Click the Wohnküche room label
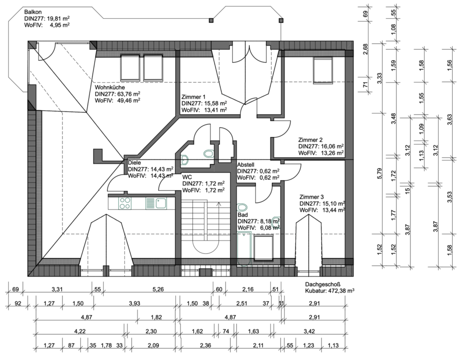[110, 88]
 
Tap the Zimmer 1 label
[193, 97]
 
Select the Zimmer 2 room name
[310, 140]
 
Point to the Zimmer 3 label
[311, 197]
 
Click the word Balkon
[33, 12]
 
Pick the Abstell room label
[246, 165]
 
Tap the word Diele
[135, 163]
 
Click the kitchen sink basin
[161, 203]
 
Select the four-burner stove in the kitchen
[125, 203]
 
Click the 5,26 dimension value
[158, 289]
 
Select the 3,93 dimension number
[135, 303]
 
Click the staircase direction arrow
[219, 218]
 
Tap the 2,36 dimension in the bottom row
[205, 345]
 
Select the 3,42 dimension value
[309, 331]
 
